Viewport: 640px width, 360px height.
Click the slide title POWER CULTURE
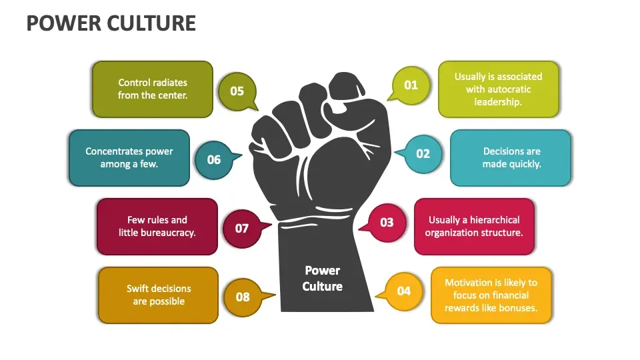[111, 23]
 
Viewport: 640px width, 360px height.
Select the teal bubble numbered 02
[421, 154]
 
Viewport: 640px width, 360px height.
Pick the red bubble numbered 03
[385, 223]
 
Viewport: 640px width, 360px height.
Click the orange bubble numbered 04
[402, 291]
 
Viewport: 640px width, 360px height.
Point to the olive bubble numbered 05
[237, 91]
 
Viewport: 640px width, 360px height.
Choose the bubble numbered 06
[215, 160]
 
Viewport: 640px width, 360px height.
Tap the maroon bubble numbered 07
[243, 229]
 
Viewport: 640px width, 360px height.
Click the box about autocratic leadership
[499, 89]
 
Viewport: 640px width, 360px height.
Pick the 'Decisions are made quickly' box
[511, 157]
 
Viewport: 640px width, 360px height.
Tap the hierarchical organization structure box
[474, 227]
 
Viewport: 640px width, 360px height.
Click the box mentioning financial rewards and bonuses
[491, 295]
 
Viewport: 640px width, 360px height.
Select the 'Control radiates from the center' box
[153, 89]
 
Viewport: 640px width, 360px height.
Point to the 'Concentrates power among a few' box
[129, 157]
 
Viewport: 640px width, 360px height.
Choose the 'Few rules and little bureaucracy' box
[157, 227]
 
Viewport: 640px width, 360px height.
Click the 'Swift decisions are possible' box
[159, 295]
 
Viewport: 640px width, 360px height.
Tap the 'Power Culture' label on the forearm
[323, 279]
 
